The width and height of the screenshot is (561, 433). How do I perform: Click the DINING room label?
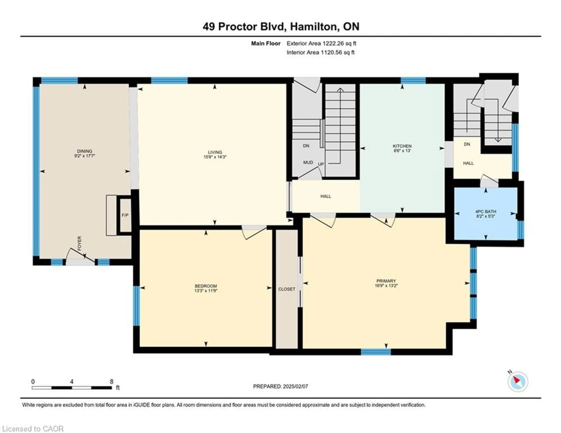[x=84, y=151]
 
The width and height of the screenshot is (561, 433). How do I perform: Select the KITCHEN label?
[x=402, y=146]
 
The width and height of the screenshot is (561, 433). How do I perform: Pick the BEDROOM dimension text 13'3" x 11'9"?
[x=206, y=291]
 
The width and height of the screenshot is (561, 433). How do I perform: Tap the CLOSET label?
[x=287, y=289]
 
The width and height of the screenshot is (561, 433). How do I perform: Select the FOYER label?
[x=79, y=243]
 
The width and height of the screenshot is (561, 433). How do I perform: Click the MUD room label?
[x=308, y=162]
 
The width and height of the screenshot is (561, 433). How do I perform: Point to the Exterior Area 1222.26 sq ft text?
[x=321, y=43]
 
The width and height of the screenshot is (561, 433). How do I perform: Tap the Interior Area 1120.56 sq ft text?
[x=321, y=52]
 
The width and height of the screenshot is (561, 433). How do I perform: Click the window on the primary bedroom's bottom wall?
[x=376, y=352]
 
